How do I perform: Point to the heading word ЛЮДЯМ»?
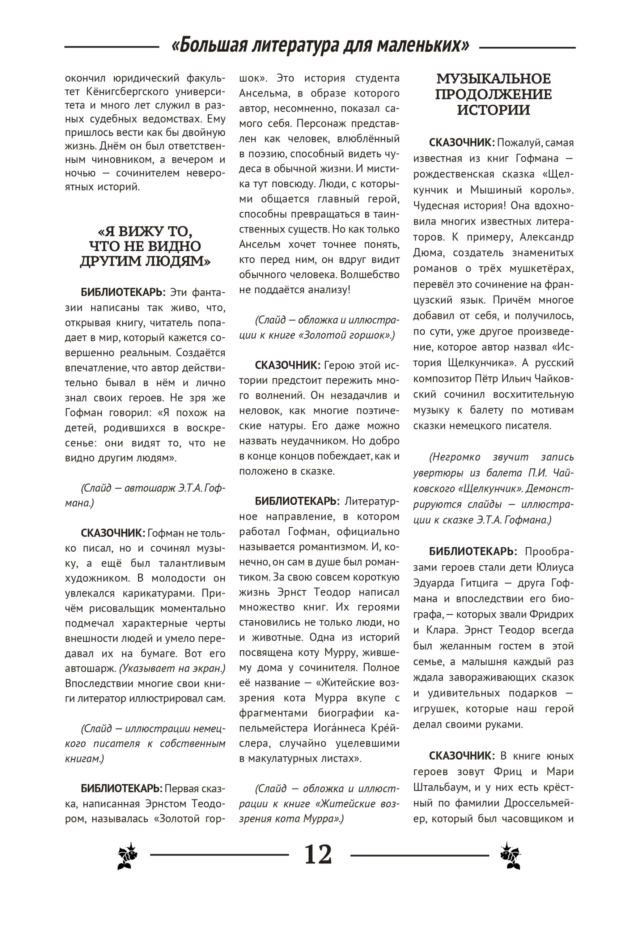click(x=179, y=262)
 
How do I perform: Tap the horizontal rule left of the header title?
click(x=112, y=47)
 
